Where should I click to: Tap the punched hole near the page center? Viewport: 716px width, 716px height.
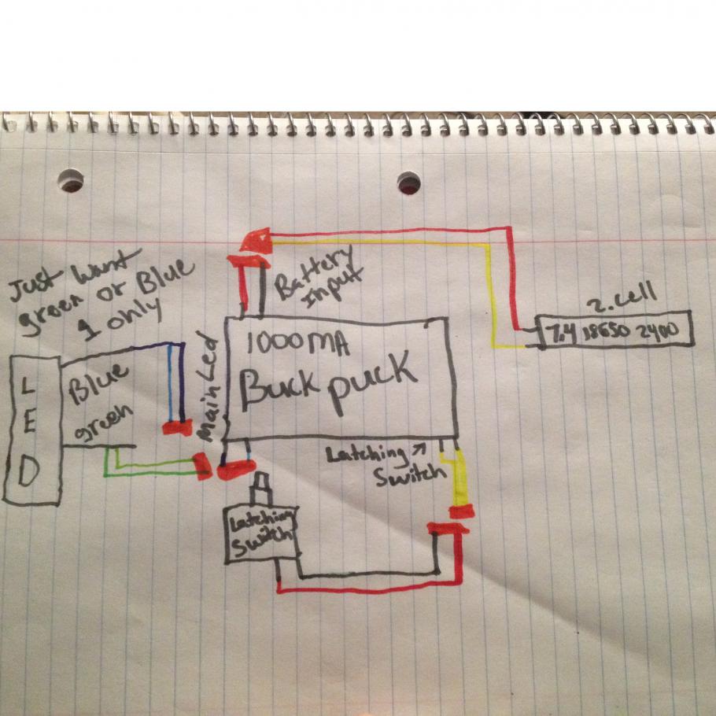(408, 183)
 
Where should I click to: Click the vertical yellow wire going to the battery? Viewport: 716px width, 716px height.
(495, 291)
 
